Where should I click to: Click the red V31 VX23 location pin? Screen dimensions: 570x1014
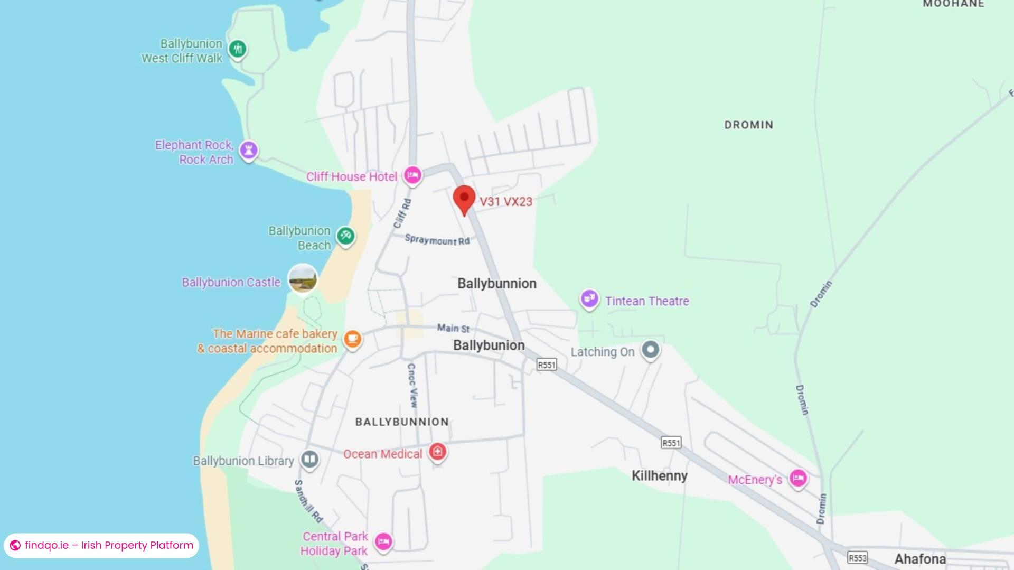[464, 199]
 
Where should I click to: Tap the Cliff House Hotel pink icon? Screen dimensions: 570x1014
[412, 175]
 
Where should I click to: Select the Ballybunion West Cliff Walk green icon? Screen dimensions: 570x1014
[238, 49]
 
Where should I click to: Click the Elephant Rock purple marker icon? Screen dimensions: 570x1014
[249, 150]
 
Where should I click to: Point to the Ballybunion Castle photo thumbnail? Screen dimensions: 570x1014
[303, 279]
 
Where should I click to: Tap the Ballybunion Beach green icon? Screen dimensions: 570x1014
[346, 236]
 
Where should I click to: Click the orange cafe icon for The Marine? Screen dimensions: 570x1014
[353, 338]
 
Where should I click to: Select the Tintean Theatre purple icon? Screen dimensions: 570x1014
[589, 299]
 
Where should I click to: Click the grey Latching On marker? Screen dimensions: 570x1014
[651, 349]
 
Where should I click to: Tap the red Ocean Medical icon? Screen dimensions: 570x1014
[437, 452]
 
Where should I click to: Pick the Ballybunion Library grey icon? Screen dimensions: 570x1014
[310, 459]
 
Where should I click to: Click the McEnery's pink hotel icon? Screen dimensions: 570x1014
[798, 478]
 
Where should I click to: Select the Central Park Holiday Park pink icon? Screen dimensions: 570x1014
[383, 541]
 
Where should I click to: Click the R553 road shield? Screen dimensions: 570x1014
[857, 557]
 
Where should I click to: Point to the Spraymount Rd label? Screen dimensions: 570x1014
[437, 240]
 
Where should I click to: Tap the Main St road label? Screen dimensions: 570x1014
[453, 328]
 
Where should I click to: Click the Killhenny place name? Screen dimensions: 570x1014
[659, 475]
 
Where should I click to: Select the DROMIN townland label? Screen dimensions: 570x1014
[748, 125]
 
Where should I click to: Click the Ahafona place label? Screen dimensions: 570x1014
[919, 558]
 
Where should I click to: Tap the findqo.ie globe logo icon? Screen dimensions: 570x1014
[15, 545]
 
